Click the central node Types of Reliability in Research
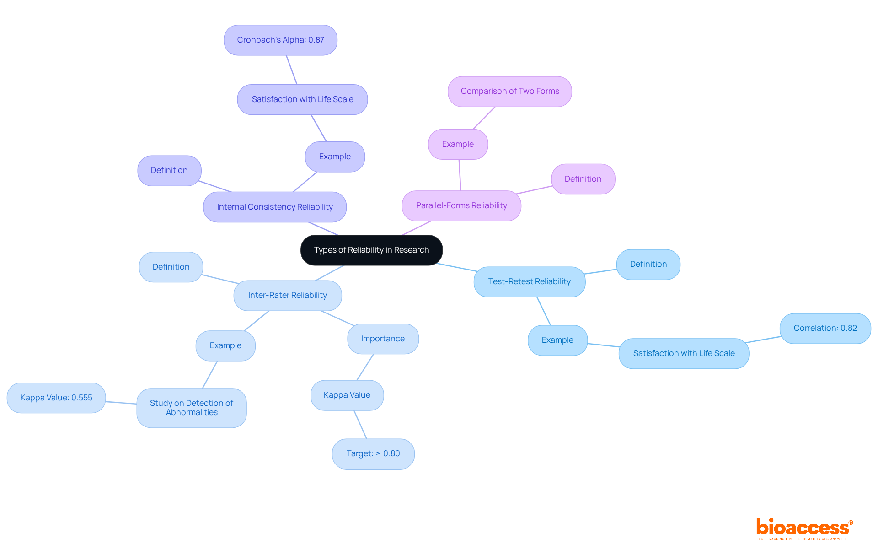click(x=371, y=250)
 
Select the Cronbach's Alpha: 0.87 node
click(x=280, y=40)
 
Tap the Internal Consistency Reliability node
click(x=275, y=207)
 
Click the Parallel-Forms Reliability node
click(x=461, y=205)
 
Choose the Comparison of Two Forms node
click(x=510, y=92)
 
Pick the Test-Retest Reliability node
click(x=530, y=281)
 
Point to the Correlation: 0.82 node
click(x=825, y=328)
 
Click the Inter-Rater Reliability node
click(x=288, y=295)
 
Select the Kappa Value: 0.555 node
click(x=56, y=398)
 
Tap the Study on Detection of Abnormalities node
click(x=192, y=408)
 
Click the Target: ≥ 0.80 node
click(x=373, y=453)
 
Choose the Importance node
click(x=383, y=339)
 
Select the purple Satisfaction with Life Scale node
click(x=302, y=99)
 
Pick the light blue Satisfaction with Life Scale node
click(x=684, y=353)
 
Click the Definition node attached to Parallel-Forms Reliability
click(x=583, y=179)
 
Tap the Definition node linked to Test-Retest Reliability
click(x=648, y=264)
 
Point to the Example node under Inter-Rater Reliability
click(x=225, y=345)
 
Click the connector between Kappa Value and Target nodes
click(x=360, y=425)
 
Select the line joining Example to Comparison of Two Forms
click(x=484, y=118)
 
